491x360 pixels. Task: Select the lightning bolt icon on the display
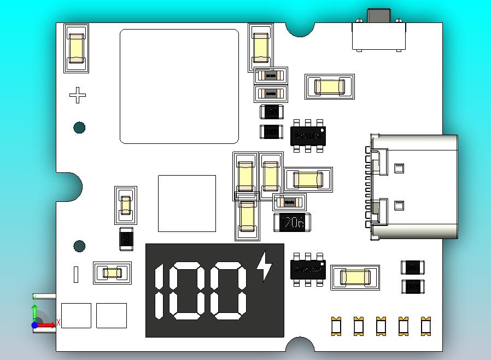[x=265, y=266]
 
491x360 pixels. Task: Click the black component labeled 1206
[x=292, y=222]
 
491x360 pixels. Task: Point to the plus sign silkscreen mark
[x=78, y=95]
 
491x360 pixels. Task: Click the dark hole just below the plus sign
[x=79, y=128]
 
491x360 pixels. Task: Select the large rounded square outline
[x=179, y=86]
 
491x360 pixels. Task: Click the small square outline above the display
[x=187, y=204]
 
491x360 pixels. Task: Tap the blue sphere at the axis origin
[x=35, y=325]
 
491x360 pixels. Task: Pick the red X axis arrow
[x=48, y=325]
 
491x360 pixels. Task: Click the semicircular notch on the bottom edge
[x=300, y=345]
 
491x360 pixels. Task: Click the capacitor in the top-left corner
[x=76, y=48]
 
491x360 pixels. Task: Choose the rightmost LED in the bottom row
[x=425, y=326]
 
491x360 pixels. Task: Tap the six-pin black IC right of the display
[x=308, y=269]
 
